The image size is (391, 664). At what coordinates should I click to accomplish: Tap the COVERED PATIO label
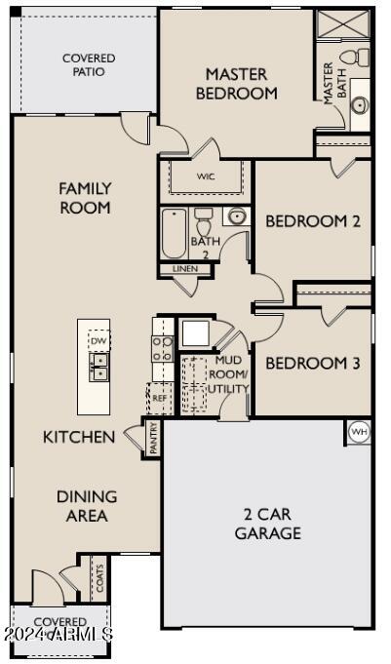(89, 65)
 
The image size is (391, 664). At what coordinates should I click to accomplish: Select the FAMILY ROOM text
(85, 198)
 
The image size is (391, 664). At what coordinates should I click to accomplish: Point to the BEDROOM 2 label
(313, 221)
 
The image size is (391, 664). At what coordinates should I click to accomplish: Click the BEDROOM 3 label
(313, 364)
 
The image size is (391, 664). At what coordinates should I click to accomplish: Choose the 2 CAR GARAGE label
(267, 524)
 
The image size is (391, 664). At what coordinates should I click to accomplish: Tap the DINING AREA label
(87, 506)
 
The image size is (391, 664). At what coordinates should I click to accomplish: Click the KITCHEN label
(79, 437)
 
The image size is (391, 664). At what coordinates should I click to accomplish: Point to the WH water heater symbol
(359, 431)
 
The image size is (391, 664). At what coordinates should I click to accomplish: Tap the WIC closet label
(206, 176)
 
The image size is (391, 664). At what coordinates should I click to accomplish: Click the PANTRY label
(153, 438)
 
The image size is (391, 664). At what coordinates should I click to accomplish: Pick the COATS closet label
(98, 577)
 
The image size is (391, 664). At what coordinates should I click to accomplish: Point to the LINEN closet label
(184, 268)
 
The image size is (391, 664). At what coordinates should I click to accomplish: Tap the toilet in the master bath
(362, 57)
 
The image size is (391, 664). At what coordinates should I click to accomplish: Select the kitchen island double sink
(99, 366)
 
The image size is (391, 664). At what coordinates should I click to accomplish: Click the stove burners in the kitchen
(162, 348)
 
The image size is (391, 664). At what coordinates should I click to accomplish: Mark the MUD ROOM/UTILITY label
(231, 374)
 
